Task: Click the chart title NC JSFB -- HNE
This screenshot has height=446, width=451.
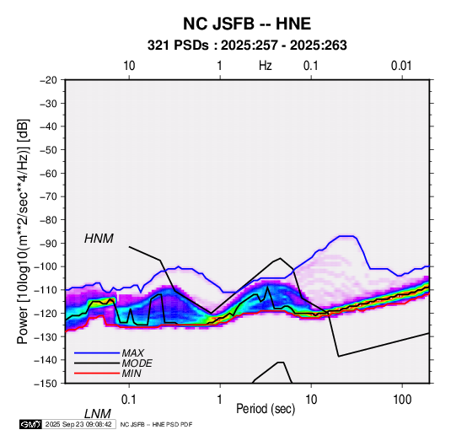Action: pyautogui.click(x=247, y=24)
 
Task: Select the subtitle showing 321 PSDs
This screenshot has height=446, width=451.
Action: pyautogui.click(x=247, y=46)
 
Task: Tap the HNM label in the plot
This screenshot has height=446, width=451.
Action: pyautogui.click(x=99, y=239)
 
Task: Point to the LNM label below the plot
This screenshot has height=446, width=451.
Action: pyautogui.click(x=97, y=414)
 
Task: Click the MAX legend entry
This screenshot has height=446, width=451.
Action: pyautogui.click(x=132, y=352)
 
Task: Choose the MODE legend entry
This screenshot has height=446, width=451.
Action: pyautogui.click(x=137, y=363)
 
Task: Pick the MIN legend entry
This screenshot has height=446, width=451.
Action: pyautogui.click(x=132, y=373)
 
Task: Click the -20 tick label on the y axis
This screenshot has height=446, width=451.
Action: pyautogui.click(x=48, y=80)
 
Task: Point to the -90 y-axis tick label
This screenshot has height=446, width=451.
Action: pyautogui.click(x=48, y=243)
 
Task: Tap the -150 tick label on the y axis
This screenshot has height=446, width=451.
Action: pyautogui.click(x=46, y=384)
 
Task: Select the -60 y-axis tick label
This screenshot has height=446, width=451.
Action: pyautogui.click(x=48, y=173)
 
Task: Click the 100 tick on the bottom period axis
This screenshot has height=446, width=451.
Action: pyautogui.click(x=402, y=400)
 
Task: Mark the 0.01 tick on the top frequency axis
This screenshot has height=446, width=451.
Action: pyautogui.click(x=401, y=66)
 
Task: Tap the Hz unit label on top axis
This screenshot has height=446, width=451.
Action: pyautogui.click(x=266, y=66)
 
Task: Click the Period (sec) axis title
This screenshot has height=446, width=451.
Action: pyautogui.click(x=266, y=409)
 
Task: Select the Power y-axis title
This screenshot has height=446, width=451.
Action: pyautogui.click(x=23, y=232)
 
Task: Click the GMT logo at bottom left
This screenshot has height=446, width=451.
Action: pyautogui.click(x=30, y=424)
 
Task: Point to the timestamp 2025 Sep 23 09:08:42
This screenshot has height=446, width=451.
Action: pyautogui.click(x=78, y=424)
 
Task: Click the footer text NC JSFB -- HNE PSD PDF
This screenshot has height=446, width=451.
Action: pyautogui.click(x=156, y=424)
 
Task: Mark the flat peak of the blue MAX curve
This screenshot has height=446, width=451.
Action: pyautogui.click(x=347, y=236)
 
